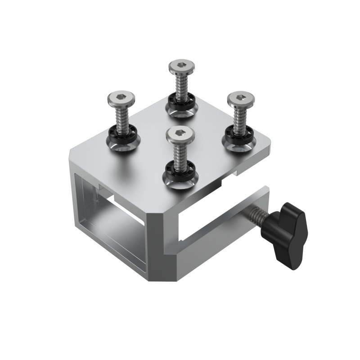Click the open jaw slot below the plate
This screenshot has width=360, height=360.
202,220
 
